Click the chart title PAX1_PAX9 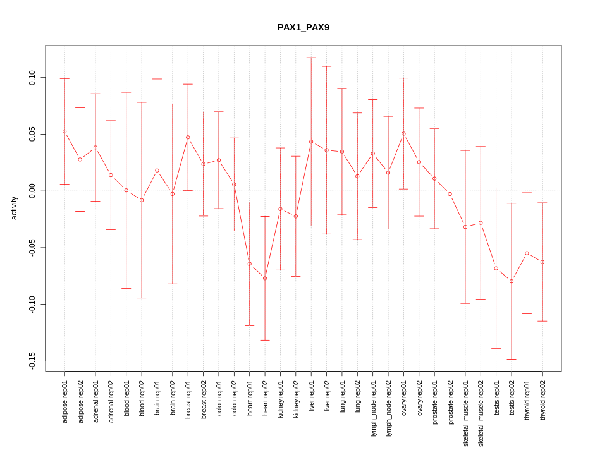(x=303, y=27)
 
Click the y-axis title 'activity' (x=14, y=208)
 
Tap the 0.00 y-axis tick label (x=32, y=191)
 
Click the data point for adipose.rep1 (x=64, y=131)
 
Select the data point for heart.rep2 (x=265, y=278)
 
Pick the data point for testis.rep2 (x=512, y=281)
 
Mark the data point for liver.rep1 (x=311, y=142)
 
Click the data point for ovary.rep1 (x=403, y=133)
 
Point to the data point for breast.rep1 (x=188, y=137)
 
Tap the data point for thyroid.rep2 (x=543, y=262)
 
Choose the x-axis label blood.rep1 (x=126, y=397)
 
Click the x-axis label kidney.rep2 (x=296, y=400)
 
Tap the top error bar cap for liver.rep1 (x=311, y=58)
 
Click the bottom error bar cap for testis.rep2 (x=512, y=359)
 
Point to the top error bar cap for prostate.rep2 (x=450, y=145)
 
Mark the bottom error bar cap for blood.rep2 (x=142, y=298)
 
